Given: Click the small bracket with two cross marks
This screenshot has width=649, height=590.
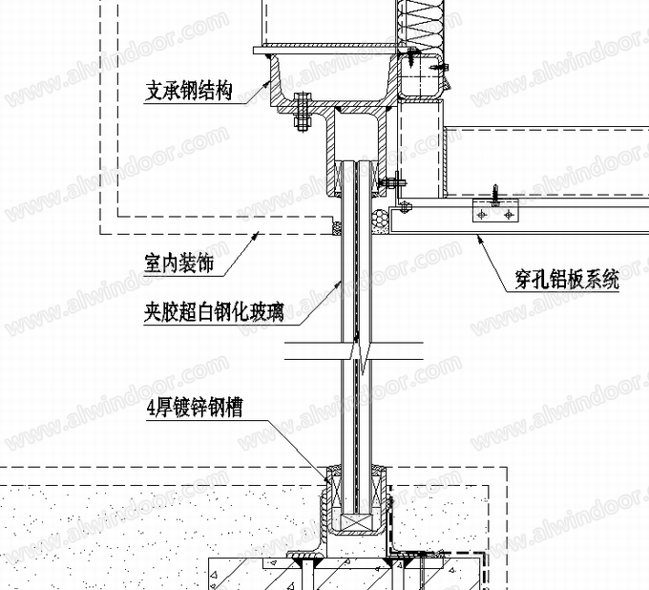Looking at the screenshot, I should click(496, 215).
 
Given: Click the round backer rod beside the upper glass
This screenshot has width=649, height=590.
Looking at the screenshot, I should click(383, 221).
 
